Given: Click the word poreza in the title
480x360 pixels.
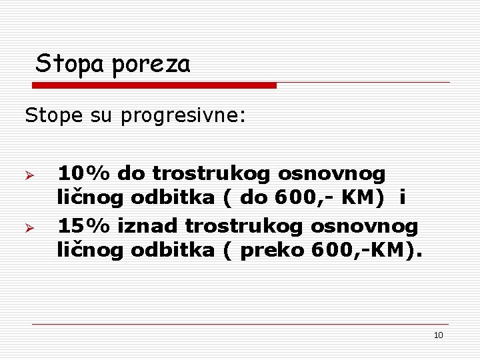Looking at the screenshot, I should [151, 65].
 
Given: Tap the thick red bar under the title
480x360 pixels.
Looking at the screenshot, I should [155, 85].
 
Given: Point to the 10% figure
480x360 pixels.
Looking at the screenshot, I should [85, 173].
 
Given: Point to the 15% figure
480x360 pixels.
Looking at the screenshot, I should [85, 226].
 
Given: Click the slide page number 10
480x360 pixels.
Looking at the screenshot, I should [438, 335].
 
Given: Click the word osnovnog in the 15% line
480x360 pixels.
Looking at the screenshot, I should [365, 226].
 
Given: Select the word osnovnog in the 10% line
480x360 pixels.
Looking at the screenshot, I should [332, 173].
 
